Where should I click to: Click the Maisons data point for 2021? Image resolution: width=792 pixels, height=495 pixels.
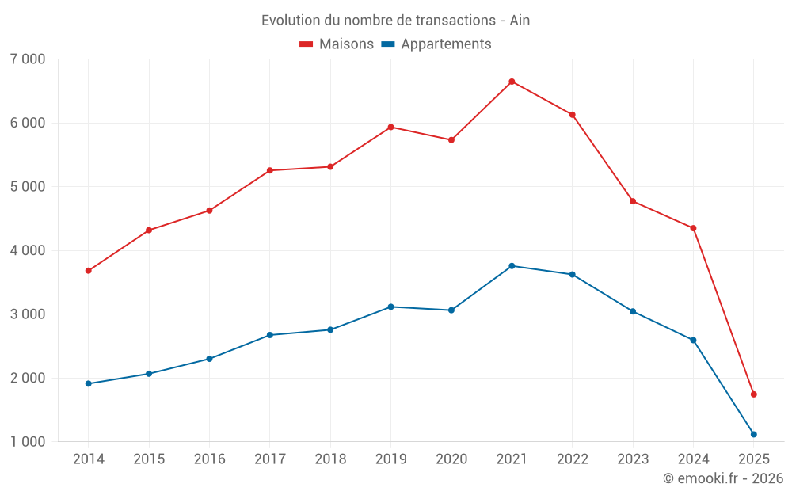[x=512, y=82]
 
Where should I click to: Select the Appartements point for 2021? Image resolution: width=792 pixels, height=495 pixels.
[x=512, y=266]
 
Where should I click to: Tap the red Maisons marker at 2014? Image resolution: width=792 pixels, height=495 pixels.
[x=88, y=271]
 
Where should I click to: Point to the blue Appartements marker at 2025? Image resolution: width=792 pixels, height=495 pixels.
[x=753, y=434]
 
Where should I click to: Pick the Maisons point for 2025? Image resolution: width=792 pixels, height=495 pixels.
[x=753, y=394]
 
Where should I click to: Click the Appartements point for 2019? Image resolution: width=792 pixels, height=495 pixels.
[x=390, y=307]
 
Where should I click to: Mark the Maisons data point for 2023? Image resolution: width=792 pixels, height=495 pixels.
[x=633, y=201]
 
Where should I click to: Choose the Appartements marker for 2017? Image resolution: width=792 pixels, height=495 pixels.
[x=269, y=335]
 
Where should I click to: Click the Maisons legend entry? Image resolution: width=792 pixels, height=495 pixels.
[x=337, y=44]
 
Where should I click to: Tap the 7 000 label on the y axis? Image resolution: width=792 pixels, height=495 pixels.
[x=28, y=59]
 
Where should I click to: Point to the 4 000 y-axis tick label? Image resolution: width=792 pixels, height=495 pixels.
[x=28, y=250]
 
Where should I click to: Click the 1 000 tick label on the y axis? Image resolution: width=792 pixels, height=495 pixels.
[x=28, y=442]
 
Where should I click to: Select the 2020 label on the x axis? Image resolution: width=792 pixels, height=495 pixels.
[x=451, y=459]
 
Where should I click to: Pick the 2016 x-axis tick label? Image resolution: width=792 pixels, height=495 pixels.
[x=209, y=459]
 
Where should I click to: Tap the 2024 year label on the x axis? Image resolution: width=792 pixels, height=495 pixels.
[x=693, y=459]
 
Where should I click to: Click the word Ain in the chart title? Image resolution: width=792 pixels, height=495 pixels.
[x=520, y=21]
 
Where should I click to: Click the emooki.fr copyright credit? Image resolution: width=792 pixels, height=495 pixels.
[x=723, y=478]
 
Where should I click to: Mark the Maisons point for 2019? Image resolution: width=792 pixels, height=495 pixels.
[x=390, y=127]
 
